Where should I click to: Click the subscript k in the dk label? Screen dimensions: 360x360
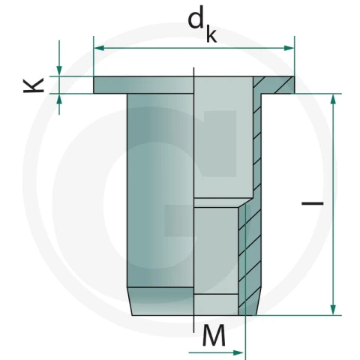[211, 34]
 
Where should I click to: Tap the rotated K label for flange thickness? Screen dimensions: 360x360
[34, 85]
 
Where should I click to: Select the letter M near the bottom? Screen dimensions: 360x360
[214, 335]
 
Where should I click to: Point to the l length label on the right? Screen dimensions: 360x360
[313, 203]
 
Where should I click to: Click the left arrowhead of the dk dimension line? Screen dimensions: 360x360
[99, 48]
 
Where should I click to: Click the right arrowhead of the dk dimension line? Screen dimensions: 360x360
[289, 48]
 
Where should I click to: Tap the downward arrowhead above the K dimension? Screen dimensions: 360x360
[59, 70]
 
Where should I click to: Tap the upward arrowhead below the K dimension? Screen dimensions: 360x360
[59, 99]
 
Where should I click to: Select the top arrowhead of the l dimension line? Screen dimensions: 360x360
[333, 99]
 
